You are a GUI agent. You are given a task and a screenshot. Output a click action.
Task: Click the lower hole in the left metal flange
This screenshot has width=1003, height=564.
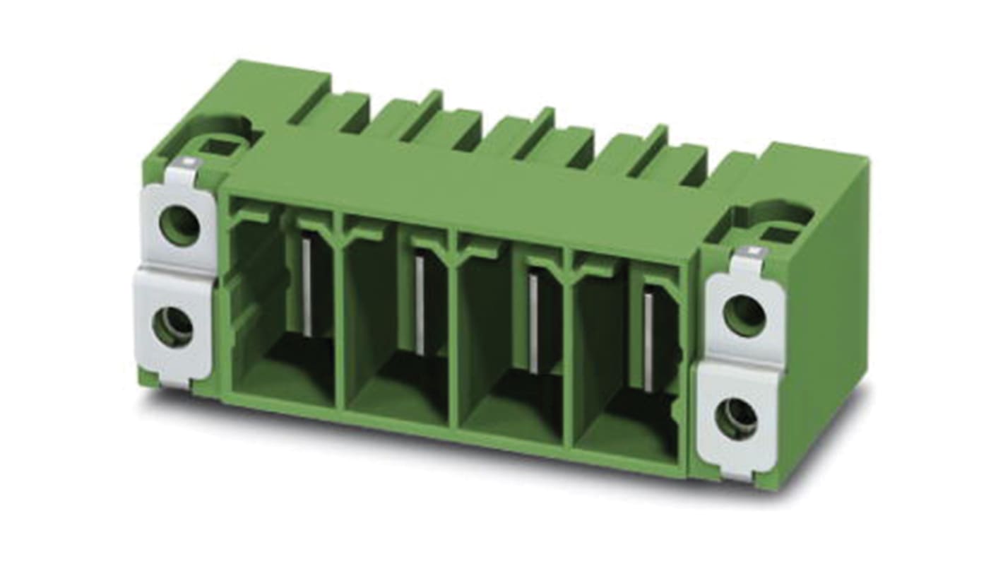point(173,327)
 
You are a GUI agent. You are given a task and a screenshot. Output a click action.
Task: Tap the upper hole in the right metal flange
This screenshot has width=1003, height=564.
point(744,315)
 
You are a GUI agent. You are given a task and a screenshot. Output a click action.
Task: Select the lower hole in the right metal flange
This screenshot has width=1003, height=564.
point(736,418)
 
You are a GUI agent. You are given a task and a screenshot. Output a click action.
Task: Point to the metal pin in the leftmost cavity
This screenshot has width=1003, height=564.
point(307,286)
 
